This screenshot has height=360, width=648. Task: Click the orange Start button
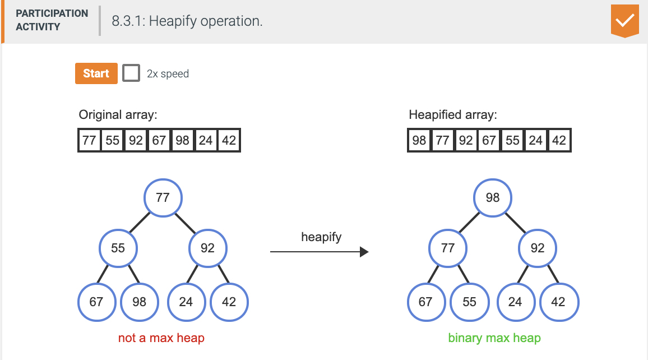(96, 73)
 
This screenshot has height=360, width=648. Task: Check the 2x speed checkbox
(131, 73)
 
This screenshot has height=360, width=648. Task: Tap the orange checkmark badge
(625, 21)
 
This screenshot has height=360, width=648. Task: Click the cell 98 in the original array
(182, 140)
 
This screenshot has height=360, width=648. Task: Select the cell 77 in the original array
(89, 140)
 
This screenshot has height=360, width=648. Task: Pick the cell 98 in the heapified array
(419, 140)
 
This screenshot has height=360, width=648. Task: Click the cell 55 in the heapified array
(512, 140)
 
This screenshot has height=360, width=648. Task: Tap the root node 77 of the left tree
(163, 197)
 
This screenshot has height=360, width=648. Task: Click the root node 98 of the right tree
(493, 197)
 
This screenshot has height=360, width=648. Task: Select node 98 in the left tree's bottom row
(139, 302)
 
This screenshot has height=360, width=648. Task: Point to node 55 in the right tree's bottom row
(470, 302)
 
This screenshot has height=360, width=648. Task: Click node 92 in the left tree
(207, 248)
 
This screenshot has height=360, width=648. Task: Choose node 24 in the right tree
(515, 302)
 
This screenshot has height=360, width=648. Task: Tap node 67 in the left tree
(96, 302)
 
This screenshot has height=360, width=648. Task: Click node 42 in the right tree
(558, 302)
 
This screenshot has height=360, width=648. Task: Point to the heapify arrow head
(364, 252)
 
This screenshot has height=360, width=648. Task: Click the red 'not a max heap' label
(161, 338)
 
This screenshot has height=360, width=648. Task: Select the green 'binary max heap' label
(494, 338)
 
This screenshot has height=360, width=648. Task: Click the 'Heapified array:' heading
(453, 115)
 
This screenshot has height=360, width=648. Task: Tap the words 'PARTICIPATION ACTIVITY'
(52, 20)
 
